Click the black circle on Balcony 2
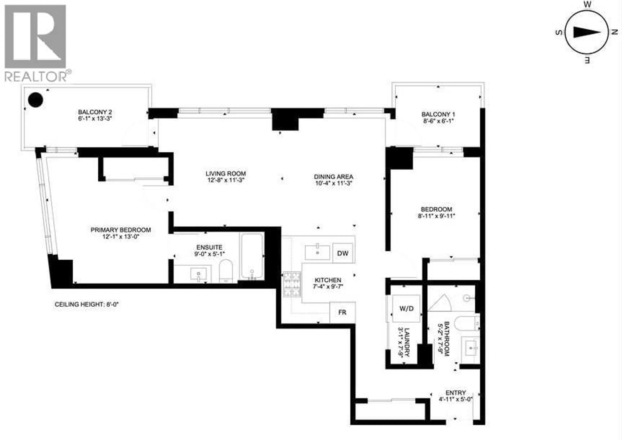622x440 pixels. [35, 100]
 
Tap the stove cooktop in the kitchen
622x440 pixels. [292, 284]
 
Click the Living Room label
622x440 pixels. [226, 173]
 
